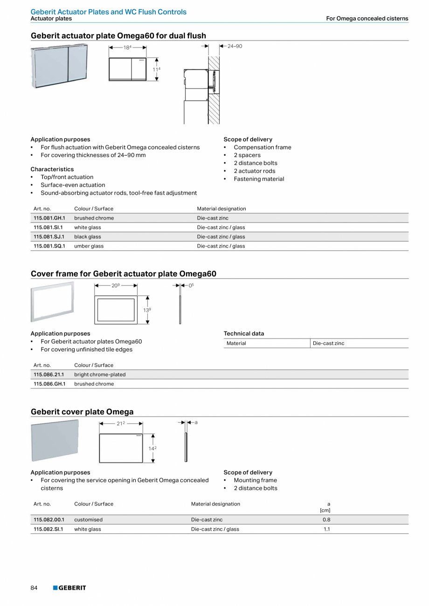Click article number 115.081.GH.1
49,218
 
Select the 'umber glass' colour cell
89,246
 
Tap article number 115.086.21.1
48,375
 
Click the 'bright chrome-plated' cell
100,375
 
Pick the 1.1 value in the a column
326,530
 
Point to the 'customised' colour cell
88,520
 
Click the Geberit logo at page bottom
69,588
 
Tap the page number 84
34,588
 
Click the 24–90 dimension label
235,46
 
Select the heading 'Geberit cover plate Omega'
82,412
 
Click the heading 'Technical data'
243,334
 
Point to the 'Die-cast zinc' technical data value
328,344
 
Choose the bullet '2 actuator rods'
254,171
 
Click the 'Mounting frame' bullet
255,481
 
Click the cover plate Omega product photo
55,440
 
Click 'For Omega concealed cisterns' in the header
367,19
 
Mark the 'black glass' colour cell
87,237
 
